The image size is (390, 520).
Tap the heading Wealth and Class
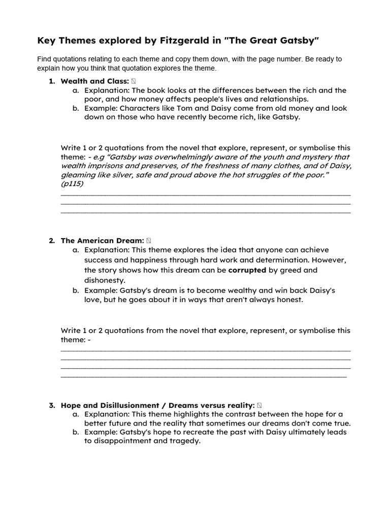click(94, 81)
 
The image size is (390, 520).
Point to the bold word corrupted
click(247, 270)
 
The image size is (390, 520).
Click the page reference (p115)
click(72, 184)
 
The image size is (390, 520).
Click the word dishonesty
click(105, 280)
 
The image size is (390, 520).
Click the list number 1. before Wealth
click(52, 81)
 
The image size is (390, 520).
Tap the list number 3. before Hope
click(52, 405)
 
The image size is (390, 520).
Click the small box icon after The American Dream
click(148, 240)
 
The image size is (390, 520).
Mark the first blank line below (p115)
click(205, 194)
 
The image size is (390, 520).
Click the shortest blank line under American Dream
click(203, 377)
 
